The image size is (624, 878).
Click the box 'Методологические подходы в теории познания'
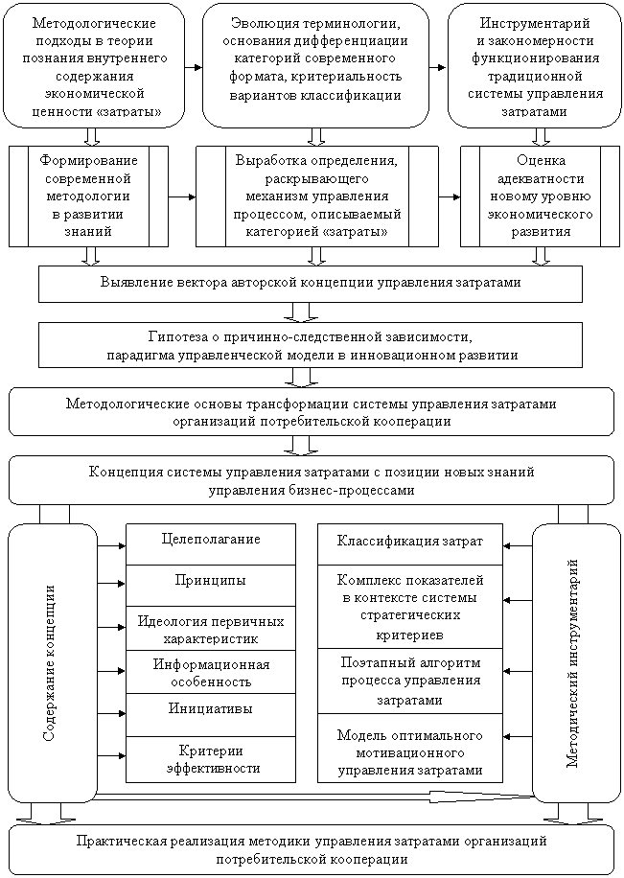click(94, 66)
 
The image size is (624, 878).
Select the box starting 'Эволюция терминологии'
click(315, 59)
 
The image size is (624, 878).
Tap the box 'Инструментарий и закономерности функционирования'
click(535, 66)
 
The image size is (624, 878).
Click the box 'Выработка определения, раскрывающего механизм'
click(315, 194)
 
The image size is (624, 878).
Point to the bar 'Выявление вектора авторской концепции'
click(311, 284)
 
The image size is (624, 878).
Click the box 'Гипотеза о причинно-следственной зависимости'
click(311, 346)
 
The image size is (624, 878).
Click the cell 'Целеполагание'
click(211, 540)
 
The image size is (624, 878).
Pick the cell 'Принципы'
click(211, 581)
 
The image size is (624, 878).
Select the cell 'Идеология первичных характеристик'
click(211, 629)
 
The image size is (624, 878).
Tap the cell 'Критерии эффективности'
click(211, 757)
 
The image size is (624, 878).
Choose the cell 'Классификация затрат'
click(410, 542)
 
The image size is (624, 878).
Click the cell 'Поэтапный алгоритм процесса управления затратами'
click(410, 681)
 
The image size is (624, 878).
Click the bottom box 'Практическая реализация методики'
click(311, 849)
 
